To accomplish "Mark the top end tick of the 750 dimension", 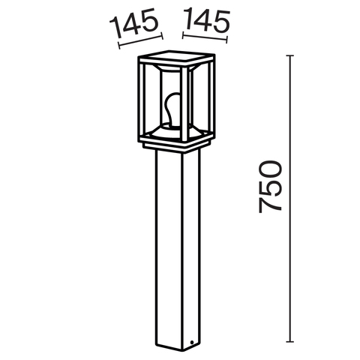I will [292, 55].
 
